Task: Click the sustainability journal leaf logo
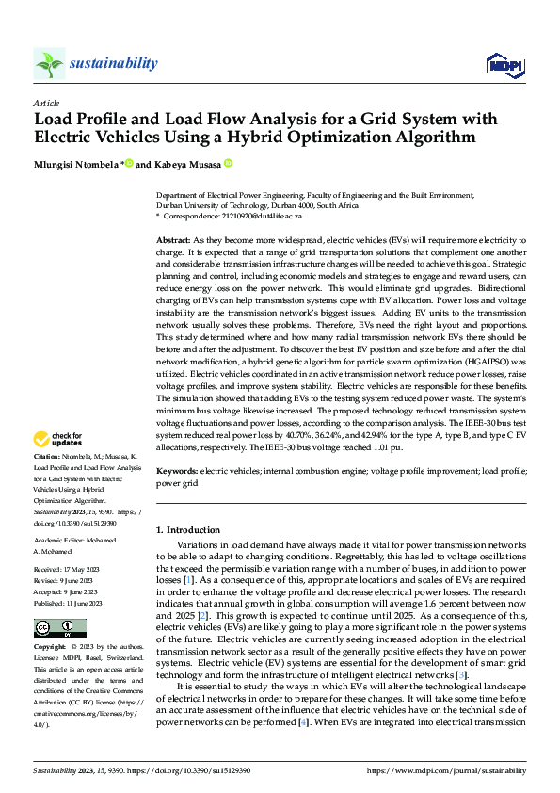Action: (x=48, y=63)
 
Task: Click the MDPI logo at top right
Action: (x=502, y=63)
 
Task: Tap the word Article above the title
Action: (x=46, y=103)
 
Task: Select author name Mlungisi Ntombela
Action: (x=74, y=164)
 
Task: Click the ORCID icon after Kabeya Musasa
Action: (x=228, y=163)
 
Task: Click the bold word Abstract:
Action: (x=172, y=241)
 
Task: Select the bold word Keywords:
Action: (x=176, y=469)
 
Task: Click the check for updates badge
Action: (x=57, y=439)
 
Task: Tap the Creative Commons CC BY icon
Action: (x=59, y=627)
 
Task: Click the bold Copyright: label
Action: (x=51, y=647)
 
